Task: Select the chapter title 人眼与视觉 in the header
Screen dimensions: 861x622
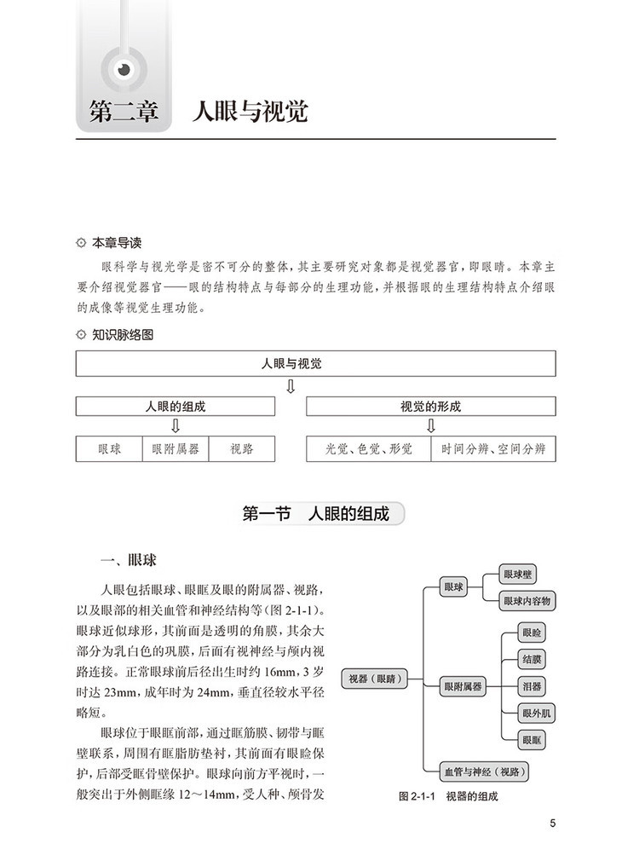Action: pos(250,113)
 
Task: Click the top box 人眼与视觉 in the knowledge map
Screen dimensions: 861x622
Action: pos(315,364)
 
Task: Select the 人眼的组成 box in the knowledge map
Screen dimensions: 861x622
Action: pos(175,407)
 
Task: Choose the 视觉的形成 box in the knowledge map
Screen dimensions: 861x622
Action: pos(430,407)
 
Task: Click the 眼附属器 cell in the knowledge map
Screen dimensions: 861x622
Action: pos(175,448)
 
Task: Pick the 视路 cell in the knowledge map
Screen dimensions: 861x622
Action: pos(241,448)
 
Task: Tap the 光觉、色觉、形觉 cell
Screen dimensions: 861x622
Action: pos(368,448)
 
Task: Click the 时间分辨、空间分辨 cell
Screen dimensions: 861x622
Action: pos(493,448)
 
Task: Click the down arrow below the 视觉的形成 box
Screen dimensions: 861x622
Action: pos(430,426)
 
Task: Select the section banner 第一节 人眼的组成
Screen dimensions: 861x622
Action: pos(315,514)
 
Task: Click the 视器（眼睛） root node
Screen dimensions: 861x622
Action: pos(374,679)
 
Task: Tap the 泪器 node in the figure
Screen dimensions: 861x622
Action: pos(532,685)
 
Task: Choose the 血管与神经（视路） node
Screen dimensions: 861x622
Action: pos(483,772)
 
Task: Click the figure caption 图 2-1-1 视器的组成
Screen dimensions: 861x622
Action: pos(448,797)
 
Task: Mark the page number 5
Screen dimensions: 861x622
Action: pos(553,823)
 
